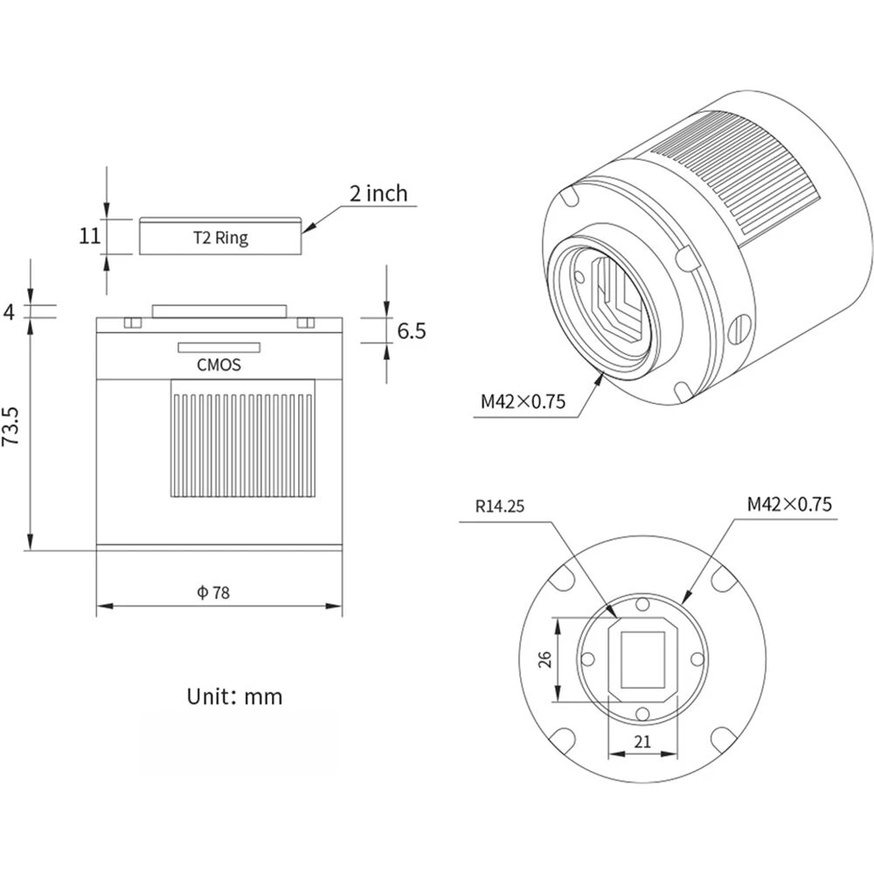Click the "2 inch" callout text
pyautogui.click(x=378, y=193)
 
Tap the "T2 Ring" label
pyautogui.click(x=219, y=237)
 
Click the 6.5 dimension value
pyautogui.click(x=412, y=331)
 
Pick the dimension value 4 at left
pyautogui.click(x=10, y=310)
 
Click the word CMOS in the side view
pyautogui.click(x=218, y=365)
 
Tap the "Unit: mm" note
pyautogui.click(x=234, y=697)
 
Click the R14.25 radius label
pyautogui.click(x=499, y=505)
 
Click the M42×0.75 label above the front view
pyautogui.click(x=789, y=504)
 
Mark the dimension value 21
pyautogui.click(x=642, y=743)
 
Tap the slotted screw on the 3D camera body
pyautogui.click(x=738, y=329)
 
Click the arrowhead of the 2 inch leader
pyautogui.click(x=308, y=228)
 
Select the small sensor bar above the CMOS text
pyautogui.click(x=218, y=347)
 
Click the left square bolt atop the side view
pyautogui.click(x=132, y=323)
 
